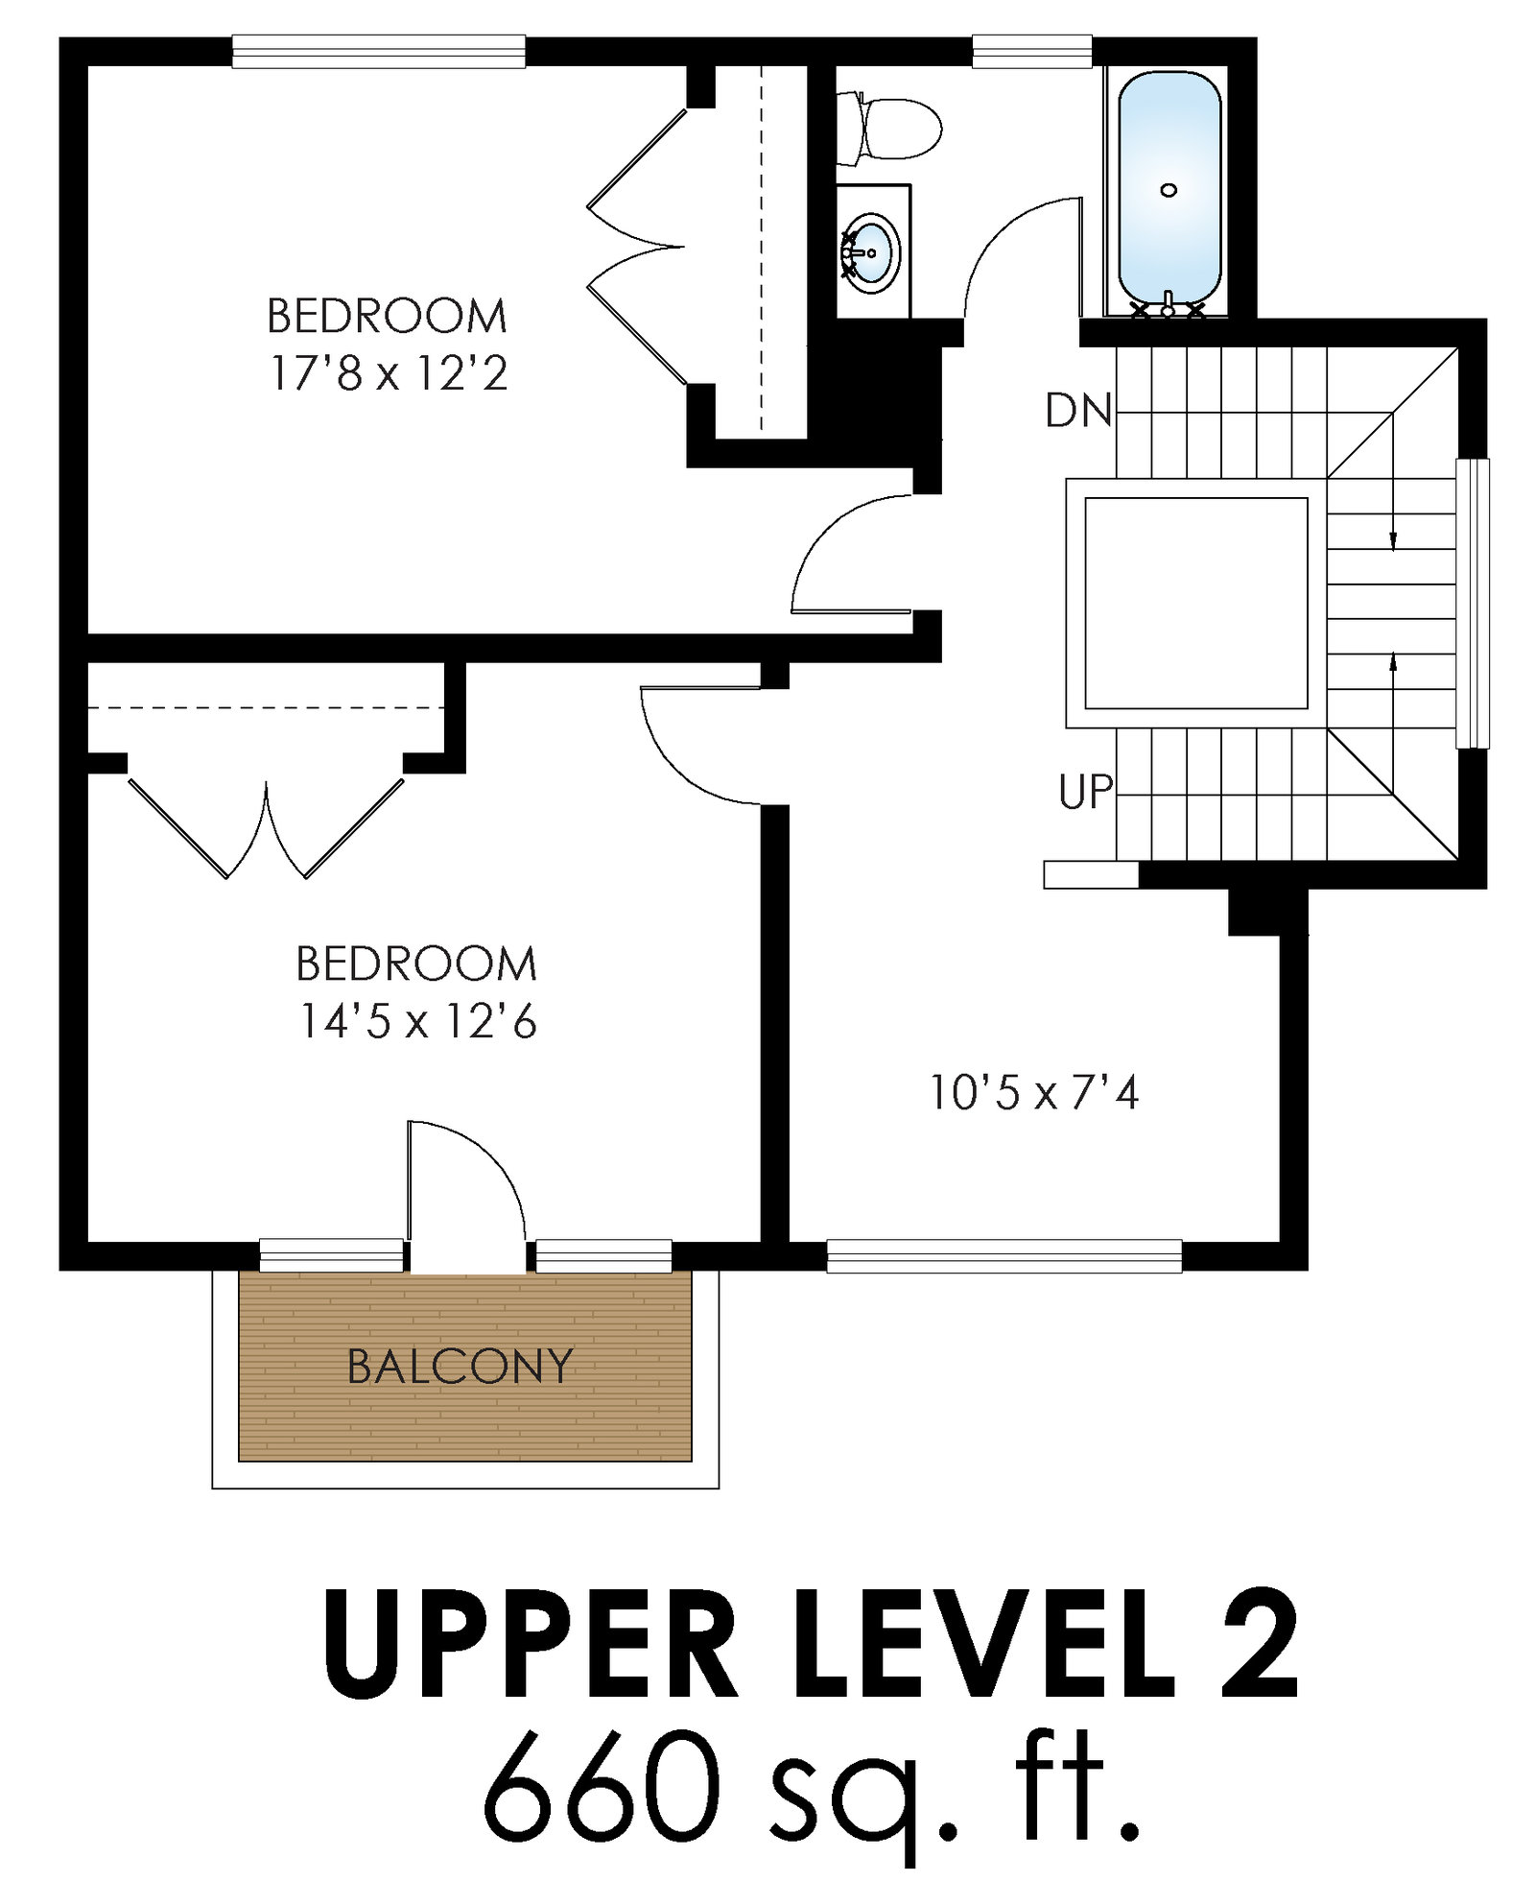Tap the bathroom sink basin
tap(871, 252)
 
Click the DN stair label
tap(1078, 411)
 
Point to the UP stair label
tap(1086, 793)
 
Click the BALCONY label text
tap(460, 1367)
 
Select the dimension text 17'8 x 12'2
tap(388, 373)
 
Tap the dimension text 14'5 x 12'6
tap(418, 1021)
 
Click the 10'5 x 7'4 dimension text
tap(1034, 1092)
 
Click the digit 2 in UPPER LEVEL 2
tap(1258, 1643)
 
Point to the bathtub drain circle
tap(1169, 190)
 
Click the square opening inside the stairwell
tap(1195, 603)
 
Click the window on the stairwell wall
tap(1473, 603)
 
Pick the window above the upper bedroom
tap(379, 52)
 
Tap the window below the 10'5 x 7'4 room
tap(1004, 1256)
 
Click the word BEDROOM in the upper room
tap(388, 317)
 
